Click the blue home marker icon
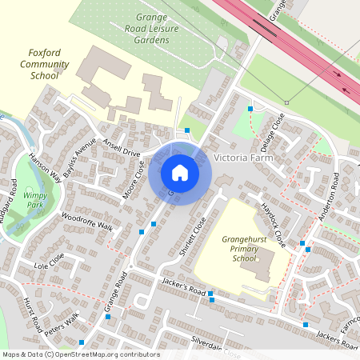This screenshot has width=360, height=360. [x=180, y=173]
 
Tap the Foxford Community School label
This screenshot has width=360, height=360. [x=45, y=64]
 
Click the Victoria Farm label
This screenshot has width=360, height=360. [x=244, y=158]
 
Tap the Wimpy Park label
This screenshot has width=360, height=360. [x=33, y=198]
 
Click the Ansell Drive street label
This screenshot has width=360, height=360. [x=121, y=147]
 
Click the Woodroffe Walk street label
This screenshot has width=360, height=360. [x=87, y=221]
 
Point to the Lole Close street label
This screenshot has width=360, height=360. [x=49, y=262]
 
